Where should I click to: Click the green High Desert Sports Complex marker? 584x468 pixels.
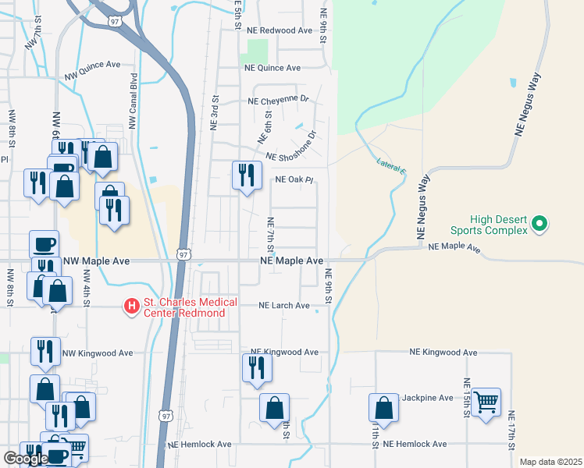click(x=539, y=225)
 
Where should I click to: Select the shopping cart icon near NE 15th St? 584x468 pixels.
click(x=486, y=402)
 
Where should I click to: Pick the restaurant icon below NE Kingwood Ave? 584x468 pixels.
click(x=258, y=367)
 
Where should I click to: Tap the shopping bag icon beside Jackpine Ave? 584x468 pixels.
click(x=383, y=408)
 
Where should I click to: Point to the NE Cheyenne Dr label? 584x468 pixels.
click(x=279, y=101)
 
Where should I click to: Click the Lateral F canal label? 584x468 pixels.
click(x=391, y=166)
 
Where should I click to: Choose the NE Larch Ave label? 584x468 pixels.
click(x=284, y=306)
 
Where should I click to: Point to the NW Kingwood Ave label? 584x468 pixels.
click(x=97, y=353)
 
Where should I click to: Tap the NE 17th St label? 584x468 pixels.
click(x=511, y=430)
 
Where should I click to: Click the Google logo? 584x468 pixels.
click(x=26, y=459)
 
